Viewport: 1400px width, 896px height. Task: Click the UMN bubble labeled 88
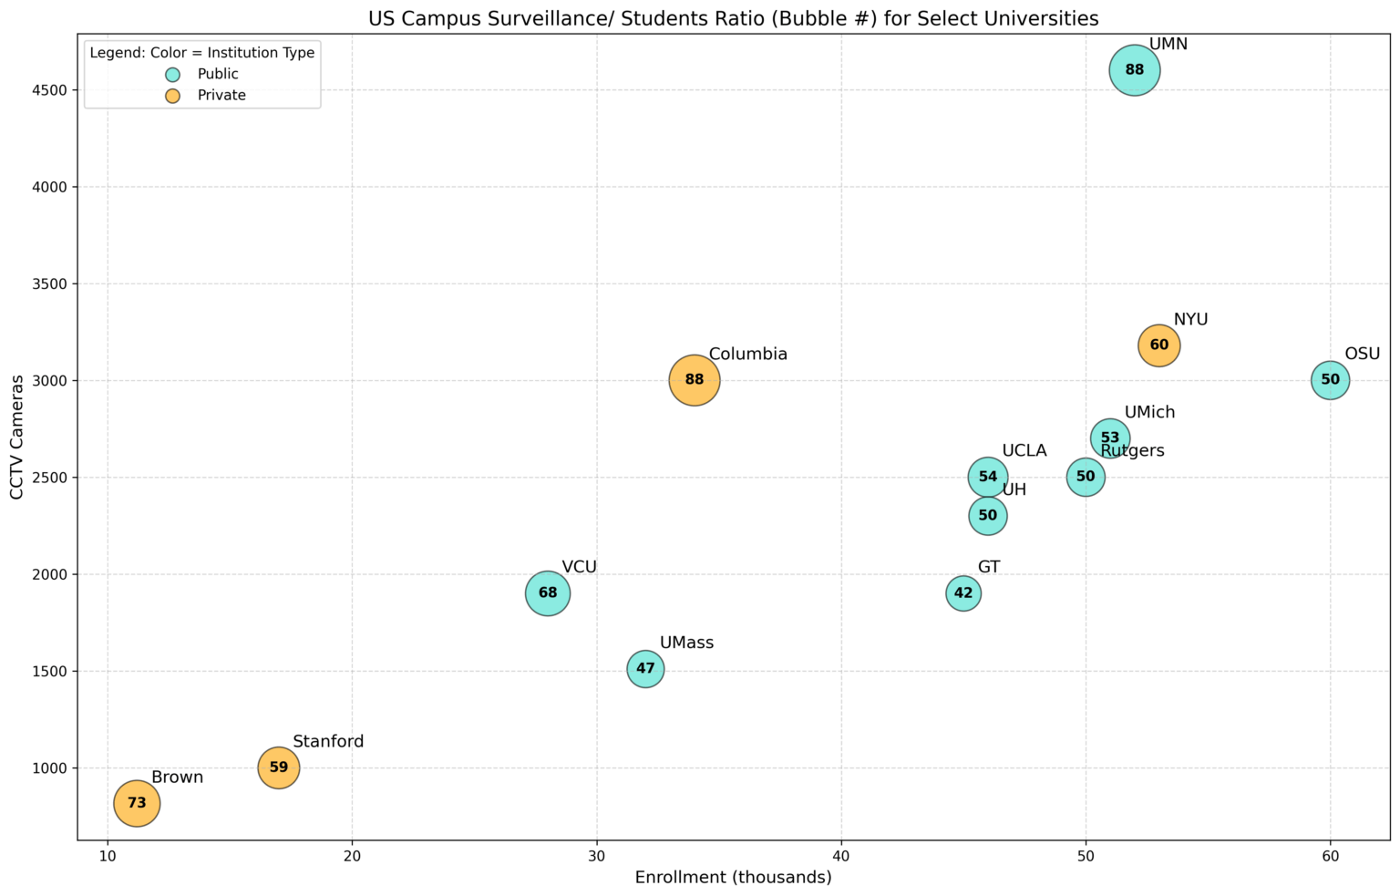point(1134,70)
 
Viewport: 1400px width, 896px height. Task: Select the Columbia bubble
point(694,380)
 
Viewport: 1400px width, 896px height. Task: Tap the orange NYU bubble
point(1158,345)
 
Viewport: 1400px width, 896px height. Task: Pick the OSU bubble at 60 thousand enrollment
point(1330,380)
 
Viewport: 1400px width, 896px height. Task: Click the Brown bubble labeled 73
point(137,803)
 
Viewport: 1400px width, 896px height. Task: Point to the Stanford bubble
point(279,767)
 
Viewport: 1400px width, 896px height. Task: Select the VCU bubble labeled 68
point(547,593)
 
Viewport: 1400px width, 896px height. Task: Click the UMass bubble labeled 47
point(645,669)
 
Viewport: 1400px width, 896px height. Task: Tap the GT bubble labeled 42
point(963,593)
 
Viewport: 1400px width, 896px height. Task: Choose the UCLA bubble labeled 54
point(987,477)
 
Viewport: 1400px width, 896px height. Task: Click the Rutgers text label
point(1132,451)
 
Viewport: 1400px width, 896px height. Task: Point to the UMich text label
point(1149,413)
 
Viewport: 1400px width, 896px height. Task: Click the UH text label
point(1014,490)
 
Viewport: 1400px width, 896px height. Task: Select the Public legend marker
point(173,75)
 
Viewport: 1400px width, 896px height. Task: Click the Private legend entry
point(221,96)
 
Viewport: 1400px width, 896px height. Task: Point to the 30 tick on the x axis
point(596,857)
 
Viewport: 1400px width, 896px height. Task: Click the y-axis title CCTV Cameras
point(16,437)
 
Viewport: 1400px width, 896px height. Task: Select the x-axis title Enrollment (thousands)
point(733,879)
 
